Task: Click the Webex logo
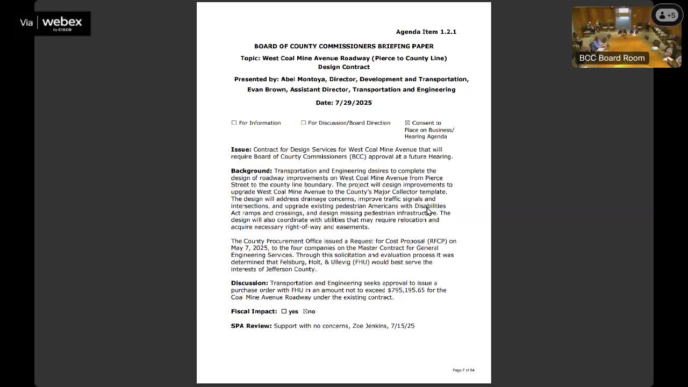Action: pos(62,23)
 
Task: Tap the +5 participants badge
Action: pos(666,15)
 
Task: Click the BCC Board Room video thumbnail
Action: pos(626,37)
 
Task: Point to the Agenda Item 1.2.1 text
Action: pos(426,32)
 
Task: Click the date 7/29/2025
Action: pos(353,103)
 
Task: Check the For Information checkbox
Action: pos(234,123)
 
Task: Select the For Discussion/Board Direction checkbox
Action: pos(304,123)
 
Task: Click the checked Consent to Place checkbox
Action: pos(407,123)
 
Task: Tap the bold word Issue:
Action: pos(241,149)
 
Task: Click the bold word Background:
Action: pos(252,171)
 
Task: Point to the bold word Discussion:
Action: pos(249,283)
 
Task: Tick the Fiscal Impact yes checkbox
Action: pos(284,311)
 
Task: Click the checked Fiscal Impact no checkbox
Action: pos(305,311)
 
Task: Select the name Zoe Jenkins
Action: pos(370,326)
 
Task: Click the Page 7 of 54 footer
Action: pos(463,370)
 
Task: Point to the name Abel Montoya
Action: pos(303,79)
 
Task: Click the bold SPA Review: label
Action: pos(251,326)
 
